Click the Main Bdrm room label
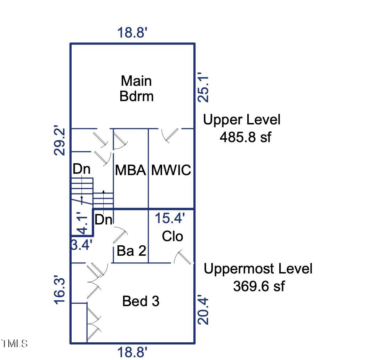(x=136, y=88)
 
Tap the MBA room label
(x=130, y=170)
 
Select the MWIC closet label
(x=171, y=170)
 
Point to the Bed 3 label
(x=141, y=301)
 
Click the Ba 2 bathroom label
(x=131, y=251)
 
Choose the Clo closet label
(x=173, y=237)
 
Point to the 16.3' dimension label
(x=60, y=290)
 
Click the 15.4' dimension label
(x=169, y=218)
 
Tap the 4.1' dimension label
(x=83, y=224)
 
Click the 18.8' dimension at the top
(x=133, y=33)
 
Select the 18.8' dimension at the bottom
(x=133, y=352)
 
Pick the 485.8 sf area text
(x=245, y=137)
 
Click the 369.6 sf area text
(x=258, y=286)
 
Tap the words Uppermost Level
(x=258, y=269)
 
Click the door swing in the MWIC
(x=170, y=135)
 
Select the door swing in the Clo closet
(x=183, y=257)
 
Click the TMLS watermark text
(x=14, y=344)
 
